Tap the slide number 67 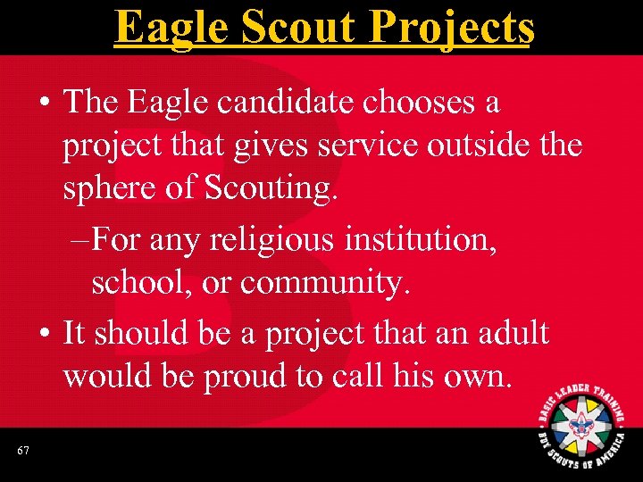pos(22,452)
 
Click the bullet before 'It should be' pos(44,334)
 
